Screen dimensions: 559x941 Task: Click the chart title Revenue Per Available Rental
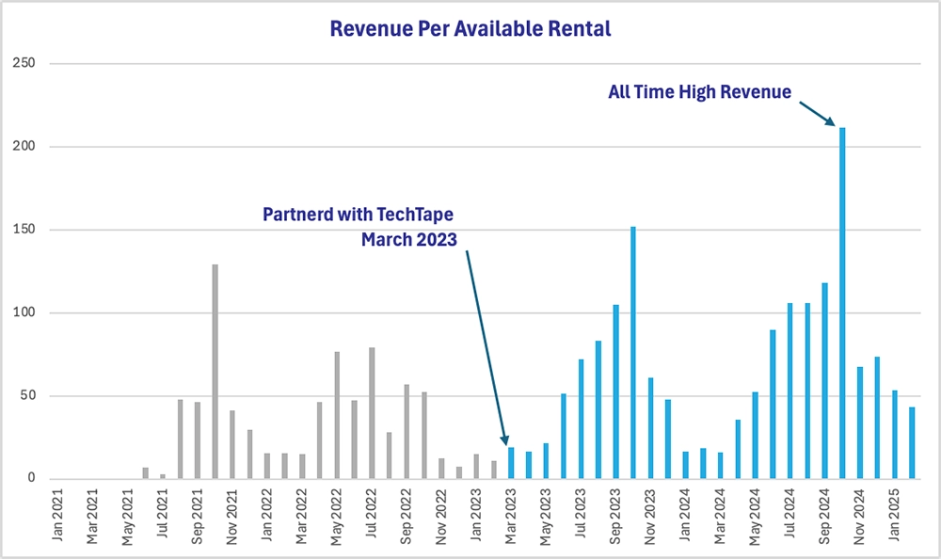coord(470,29)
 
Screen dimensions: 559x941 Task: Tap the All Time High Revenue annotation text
coord(699,91)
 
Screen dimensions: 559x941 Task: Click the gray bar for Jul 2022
coord(372,413)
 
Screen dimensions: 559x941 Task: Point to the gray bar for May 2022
coord(337,415)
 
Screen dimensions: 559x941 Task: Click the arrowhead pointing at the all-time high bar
coord(830,121)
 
